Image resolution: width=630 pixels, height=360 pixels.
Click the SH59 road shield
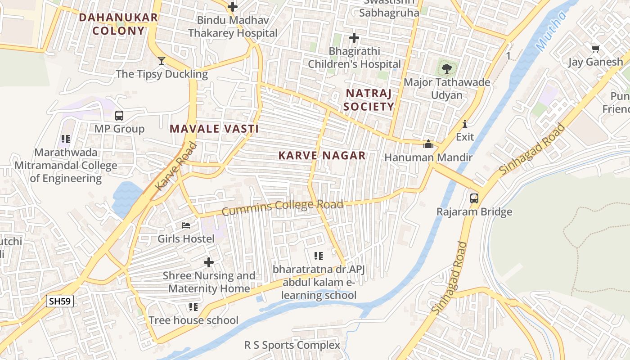60,301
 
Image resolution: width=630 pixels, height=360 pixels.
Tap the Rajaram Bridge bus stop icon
474,198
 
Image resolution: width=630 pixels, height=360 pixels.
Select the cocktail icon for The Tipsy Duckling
162,61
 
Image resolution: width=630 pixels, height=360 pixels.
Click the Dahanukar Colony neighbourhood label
118,24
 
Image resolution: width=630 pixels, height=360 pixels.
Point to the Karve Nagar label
322,156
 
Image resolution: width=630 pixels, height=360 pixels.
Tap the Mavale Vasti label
214,129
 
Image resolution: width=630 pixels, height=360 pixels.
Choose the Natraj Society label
369,100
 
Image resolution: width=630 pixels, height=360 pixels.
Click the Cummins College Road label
283,207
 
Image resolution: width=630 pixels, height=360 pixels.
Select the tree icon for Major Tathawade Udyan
446,69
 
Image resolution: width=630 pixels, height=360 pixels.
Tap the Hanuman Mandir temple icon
428,144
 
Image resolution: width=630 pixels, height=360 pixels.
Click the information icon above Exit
465,124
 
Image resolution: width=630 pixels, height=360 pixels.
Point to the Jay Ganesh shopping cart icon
595,49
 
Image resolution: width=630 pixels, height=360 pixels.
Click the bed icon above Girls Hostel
186,225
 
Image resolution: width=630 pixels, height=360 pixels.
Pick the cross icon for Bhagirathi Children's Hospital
354,38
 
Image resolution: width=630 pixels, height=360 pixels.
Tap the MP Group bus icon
119,116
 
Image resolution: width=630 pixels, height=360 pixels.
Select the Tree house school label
193,320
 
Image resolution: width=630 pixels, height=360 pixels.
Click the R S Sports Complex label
292,345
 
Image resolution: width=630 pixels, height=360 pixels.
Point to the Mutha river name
551,31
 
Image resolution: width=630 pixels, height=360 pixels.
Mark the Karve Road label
176,166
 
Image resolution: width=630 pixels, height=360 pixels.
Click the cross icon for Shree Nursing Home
209,262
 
